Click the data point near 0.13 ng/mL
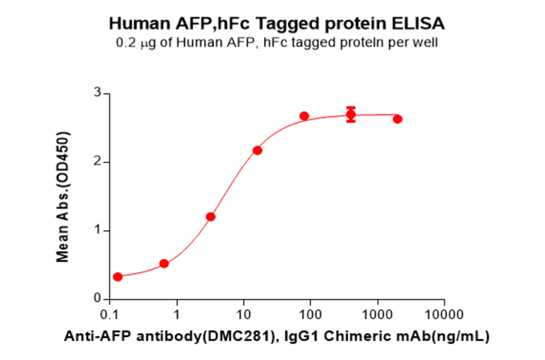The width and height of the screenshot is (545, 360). pyautogui.click(x=117, y=276)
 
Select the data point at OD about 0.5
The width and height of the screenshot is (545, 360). pyautogui.click(x=163, y=263)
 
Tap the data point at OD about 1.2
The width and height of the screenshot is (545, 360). pyautogui.click(x=211, y=216)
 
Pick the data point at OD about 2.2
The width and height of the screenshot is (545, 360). pyautogui.click(x=257, y=150)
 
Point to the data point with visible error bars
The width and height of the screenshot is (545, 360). pyautogui.click(x=351, y=115)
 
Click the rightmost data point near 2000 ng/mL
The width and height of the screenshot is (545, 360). pyautogui.click(x=397, y=119)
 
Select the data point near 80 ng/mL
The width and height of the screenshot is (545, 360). pyautogui.click(x=304, y=116)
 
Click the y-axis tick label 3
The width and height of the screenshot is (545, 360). pyautogui.click(x=96, y=93)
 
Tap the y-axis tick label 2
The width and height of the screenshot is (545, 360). pyautogui.click(x=96, y=162)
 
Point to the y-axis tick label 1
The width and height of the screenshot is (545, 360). pyautogui.click(x=96, y=230)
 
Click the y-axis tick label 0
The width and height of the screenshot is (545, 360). pyautogui.click(x=96, y=299)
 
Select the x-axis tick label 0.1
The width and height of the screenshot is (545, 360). pyautogui.click(x=110, y=315)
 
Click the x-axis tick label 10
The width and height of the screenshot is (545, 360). pyautogui.click(x=243, y=315)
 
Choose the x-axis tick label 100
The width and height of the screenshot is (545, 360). pyautogui.click(x=310, y=315)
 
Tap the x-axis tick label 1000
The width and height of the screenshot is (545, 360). pyautogui.click(x=377, y=315)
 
